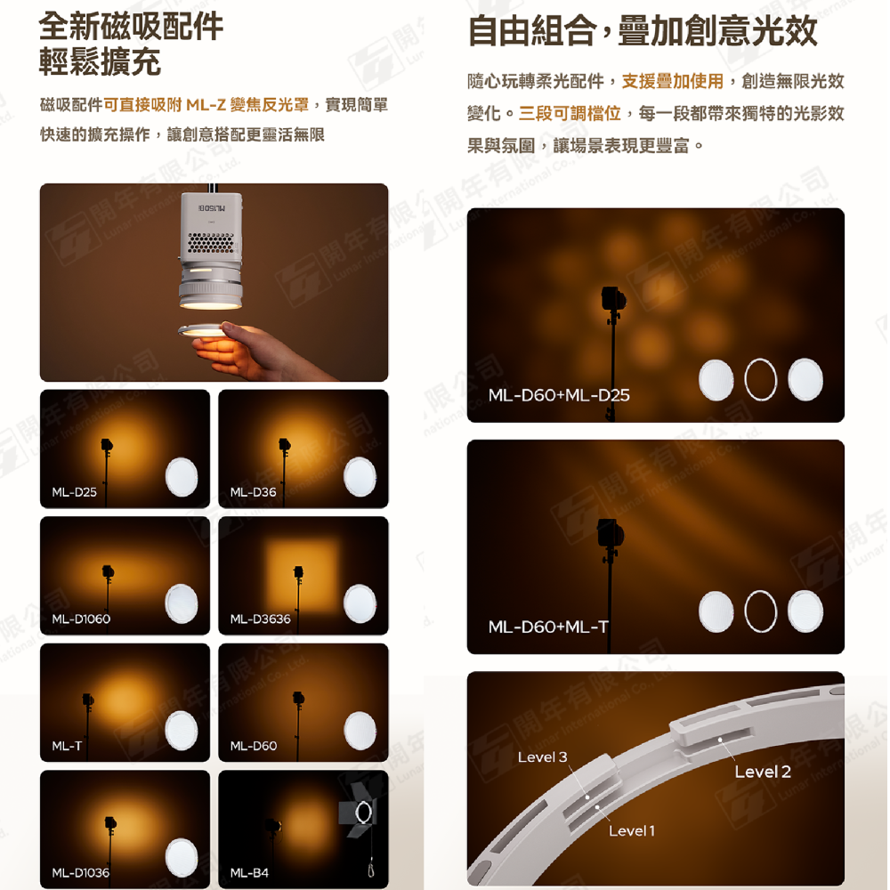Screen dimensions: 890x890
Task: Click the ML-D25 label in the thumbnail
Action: (x=74, y=491)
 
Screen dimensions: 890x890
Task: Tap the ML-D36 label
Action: (x=253, y=491)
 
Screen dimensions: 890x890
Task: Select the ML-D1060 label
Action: (x=81, y=619)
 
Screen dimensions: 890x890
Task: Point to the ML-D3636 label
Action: (x=260, y=619)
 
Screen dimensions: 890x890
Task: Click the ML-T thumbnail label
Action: (x=66, y=746)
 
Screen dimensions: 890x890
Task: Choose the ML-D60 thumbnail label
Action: (x=253, y=746)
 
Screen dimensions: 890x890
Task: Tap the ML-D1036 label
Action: (x=81, y=872)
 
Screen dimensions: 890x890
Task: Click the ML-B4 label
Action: (x=249, y=872)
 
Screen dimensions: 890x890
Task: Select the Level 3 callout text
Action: (x=542, y=757)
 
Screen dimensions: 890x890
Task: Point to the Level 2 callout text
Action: (x=762, y=772)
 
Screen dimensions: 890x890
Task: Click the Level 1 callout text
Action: (x=632, y=830)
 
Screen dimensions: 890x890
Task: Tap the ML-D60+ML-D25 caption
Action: (x=559, y=394)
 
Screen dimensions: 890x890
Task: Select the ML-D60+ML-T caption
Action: (x=548, y=627)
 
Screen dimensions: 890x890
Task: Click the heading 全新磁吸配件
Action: (x=132, y=26)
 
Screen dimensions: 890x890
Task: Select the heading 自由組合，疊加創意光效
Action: (x=642, y=32)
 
